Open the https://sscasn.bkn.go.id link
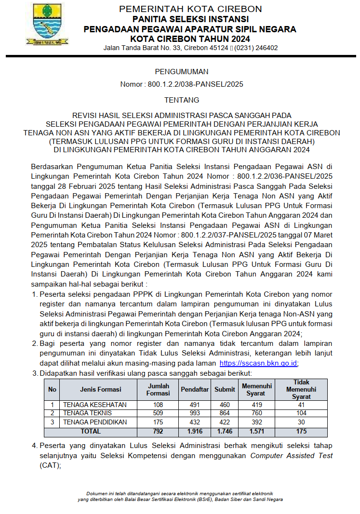[x=259, y=363]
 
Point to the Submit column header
[x=225, y=389]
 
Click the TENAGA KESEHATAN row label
[x=95, y=405]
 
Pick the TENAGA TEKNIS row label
[x=88, y=413]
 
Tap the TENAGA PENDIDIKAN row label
[x=95, y=422]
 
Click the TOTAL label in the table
[x=91, y=431]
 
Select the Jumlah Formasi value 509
[x=158, y=413]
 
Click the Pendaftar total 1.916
[x=194, y=431]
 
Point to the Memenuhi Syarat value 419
[x=256, y=405]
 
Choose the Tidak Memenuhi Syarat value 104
[x=301, y=413]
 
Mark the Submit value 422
[x=225, y=422]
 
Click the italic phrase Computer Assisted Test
[x=291, y=456]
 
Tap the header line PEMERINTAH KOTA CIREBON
[x=190, y=9]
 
